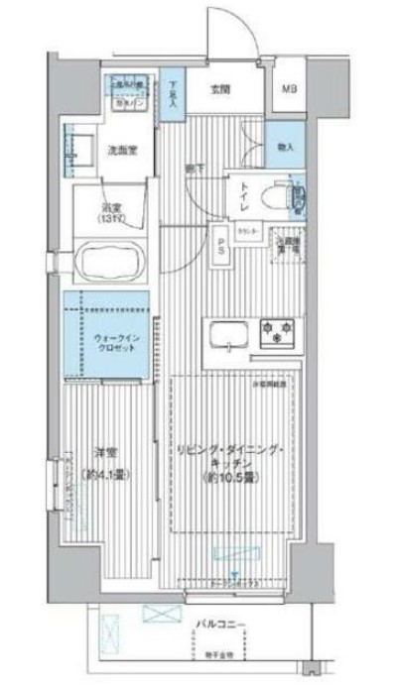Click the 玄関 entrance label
click(x=221, y=89)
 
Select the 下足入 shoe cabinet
click(x=175, y=92)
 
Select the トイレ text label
click(x=246, y=197)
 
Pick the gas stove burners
click(x=279, y=332)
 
